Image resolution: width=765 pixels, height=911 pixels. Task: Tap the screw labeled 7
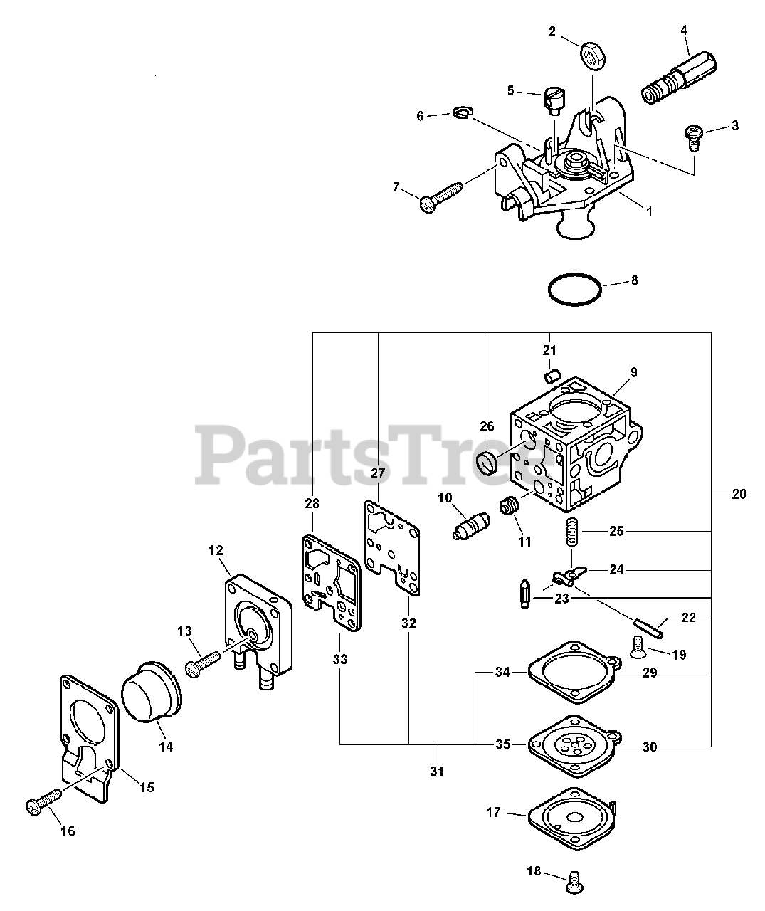[x=441, y=196]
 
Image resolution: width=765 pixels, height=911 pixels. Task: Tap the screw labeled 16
[x=42, y=801]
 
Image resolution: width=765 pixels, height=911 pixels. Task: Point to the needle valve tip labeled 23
[x=526, y=592]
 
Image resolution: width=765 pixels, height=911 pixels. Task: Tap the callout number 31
[x=437, y=772]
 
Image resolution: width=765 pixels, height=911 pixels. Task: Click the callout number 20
[x=739, y=493]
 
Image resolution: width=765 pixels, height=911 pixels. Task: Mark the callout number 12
[x=216, y=550]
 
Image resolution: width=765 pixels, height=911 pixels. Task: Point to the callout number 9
[x=633, y=372]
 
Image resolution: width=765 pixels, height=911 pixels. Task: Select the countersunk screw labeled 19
[x=638, y=646]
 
